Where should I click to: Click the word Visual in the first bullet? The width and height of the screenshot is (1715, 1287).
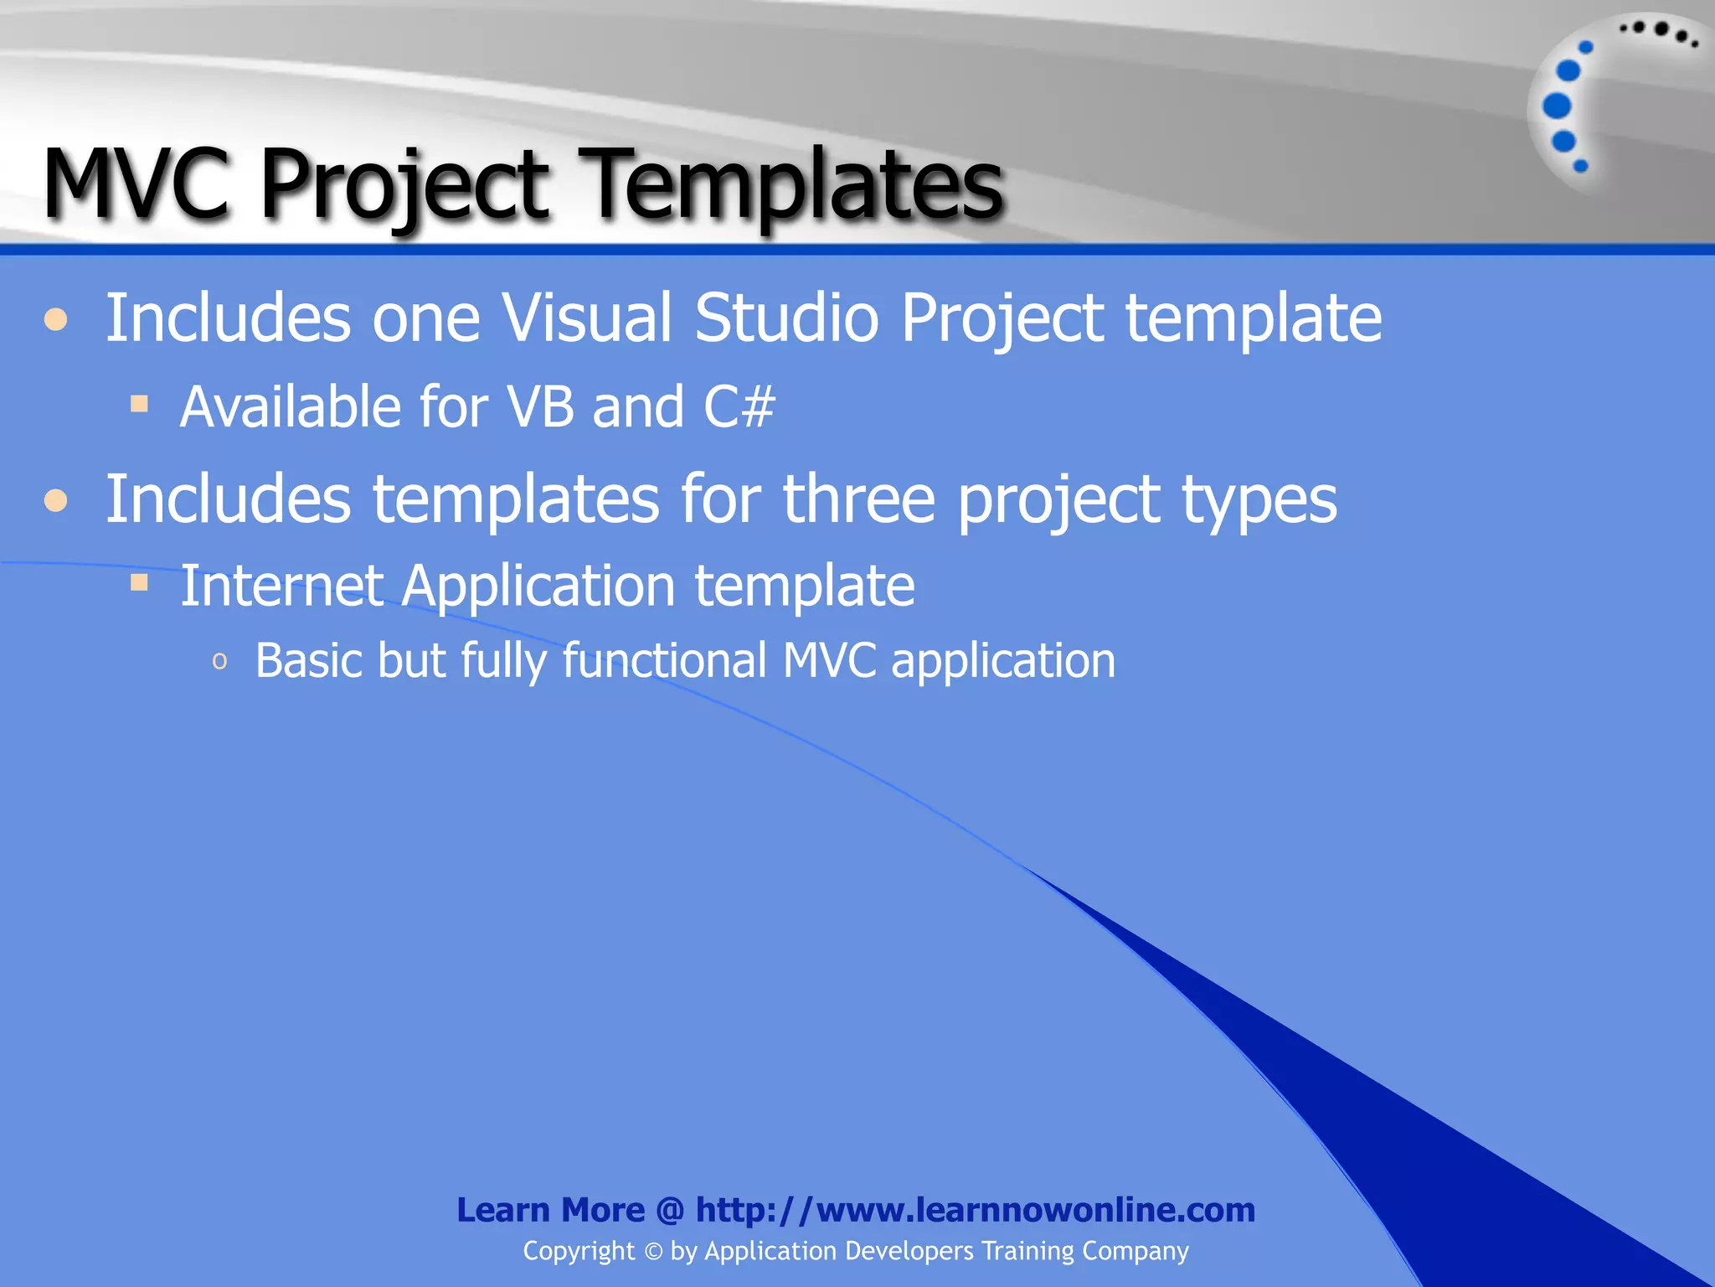pyautogui.click(x=586, y=318)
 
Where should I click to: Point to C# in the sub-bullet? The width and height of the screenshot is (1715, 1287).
pyautogui.click(x=739, y=407)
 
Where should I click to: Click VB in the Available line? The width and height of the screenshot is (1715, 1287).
pyautogui.click(x=541, y=407)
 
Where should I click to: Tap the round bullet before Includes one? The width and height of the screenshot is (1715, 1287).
pyautogui.click(x=56, y=320)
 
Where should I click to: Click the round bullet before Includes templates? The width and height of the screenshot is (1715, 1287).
pyautogui.click(x=56, y=501)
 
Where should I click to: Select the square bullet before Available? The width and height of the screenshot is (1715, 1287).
pyautogui.click(x=139, y=405)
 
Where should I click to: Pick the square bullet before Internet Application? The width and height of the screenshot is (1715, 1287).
pyautogui.click(x=139, y=582)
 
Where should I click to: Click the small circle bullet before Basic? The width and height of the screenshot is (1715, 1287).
pyautogui.click(x=220, y=662)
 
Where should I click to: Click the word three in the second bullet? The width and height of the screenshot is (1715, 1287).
pyautogui.click(x=858, y=500)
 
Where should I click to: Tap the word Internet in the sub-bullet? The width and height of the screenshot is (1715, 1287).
pyautogui.click(x=281, y=585)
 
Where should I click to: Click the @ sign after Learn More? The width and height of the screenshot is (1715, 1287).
pyautogui.click(x=671, y=1210)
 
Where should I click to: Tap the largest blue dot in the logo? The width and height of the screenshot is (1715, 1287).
pyautogui.click(x=1557, y=106)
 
